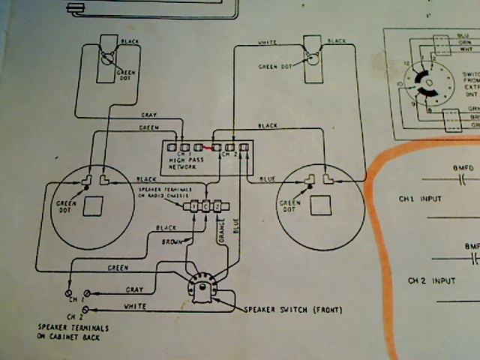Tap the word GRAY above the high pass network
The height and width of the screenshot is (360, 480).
tap(148, 115)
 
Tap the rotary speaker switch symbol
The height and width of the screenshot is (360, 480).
tap(200, 289)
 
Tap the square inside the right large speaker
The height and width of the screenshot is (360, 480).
tap(320, 204)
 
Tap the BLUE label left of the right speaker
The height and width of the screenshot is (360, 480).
tap(267, 180)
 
